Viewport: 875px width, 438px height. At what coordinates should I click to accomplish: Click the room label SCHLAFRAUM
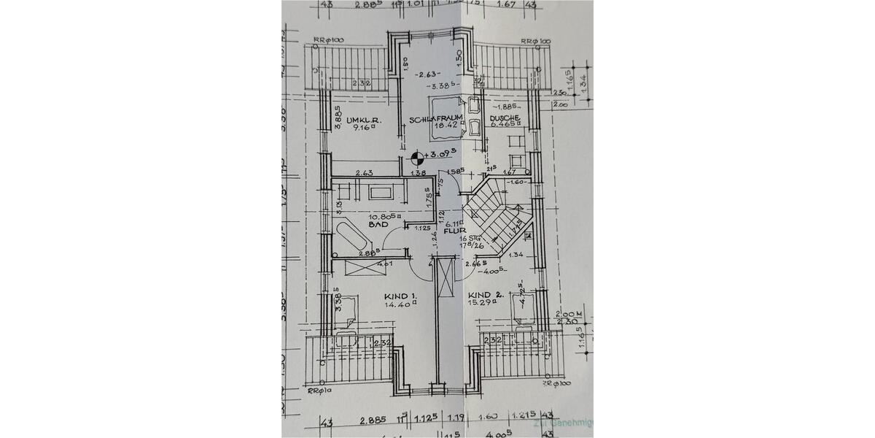[x=437, y=118]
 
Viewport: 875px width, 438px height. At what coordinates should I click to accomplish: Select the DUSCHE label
[x=504, y=118]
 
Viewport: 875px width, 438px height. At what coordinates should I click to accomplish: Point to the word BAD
[x=376, y=226]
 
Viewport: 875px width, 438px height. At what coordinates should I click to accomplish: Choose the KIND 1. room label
[x=400, y=297]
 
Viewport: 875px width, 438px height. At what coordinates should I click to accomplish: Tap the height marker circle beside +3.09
[x=417, y=155]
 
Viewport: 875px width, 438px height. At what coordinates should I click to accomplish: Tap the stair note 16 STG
[x=469, y=239]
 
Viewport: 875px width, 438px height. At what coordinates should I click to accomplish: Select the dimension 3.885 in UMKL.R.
[x=338, y=118]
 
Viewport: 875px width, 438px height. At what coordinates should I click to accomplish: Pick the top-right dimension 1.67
[x=506, y=4]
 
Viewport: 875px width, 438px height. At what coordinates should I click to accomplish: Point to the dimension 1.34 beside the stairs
[x=516, y=255]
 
